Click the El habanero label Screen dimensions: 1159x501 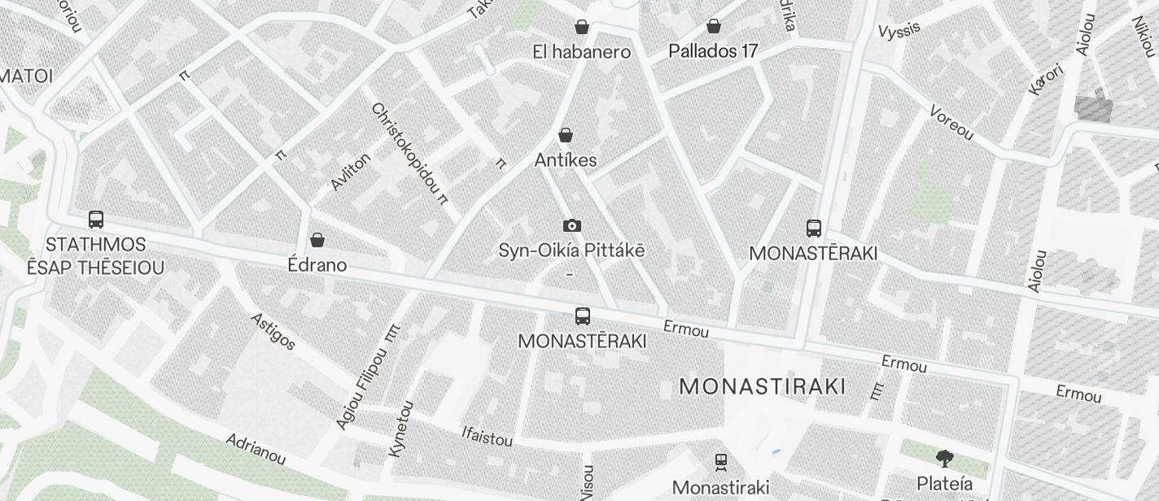[x=581, y=52]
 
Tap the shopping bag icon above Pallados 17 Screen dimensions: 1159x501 [x=713, y=26]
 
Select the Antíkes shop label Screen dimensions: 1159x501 [x=566, y=160]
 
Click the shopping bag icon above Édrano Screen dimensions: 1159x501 [x=317, y=240]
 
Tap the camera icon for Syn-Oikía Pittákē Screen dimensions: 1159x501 [x=572, y=225]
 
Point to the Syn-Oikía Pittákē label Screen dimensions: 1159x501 [x=571, y=250]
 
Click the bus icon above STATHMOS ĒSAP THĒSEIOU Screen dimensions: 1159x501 [x=96, y=220]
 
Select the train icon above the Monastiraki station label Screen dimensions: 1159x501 [x=720, y=463]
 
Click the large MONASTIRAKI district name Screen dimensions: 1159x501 [x=763, y=386]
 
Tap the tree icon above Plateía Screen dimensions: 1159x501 [x=944, y=459]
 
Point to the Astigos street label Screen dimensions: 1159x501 [x=273, y=331]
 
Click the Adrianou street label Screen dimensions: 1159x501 [x=256, y=449]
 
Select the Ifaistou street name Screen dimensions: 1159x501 [x=487, y=437]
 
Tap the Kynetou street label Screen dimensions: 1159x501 [x=400, y=428]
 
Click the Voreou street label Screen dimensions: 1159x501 [x=951, y=124]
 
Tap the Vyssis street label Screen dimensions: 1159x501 [x=899, y=29]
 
